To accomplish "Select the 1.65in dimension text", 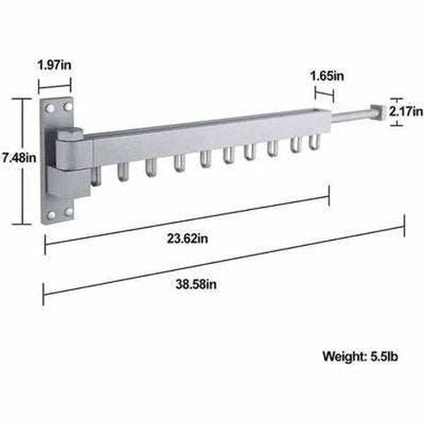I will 327,76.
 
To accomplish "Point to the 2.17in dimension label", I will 406,112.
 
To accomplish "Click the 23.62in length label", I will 186,239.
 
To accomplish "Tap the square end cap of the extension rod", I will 374,114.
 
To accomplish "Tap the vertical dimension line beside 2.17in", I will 397,111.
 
